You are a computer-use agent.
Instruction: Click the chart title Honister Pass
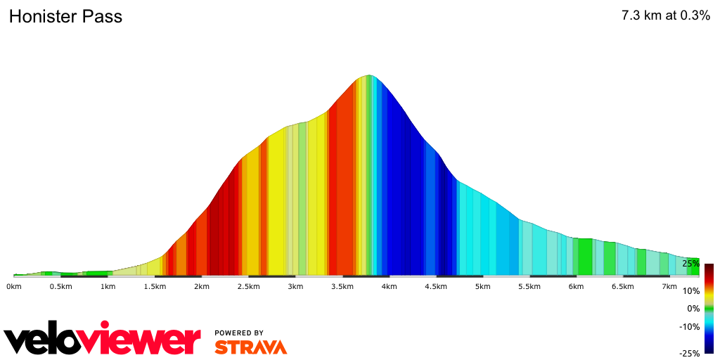tap(65, 17)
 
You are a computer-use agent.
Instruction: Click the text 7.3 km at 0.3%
tap(665, 16)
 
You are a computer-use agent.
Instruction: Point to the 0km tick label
tap(14, 287)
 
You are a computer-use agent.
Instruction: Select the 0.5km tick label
tap(60, 287)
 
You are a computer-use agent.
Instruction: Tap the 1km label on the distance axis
tap(108, 287)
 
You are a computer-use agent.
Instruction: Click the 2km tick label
tap(202, 287)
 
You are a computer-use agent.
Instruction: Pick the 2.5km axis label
tap(248, 287)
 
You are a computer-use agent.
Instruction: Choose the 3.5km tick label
tap(342, 287)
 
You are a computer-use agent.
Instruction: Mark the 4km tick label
tap(389, 287)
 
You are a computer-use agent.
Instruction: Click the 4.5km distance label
tap(436, 287)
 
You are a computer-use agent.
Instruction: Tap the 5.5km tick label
tap(529, 287)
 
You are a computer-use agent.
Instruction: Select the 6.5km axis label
tap(623, 287)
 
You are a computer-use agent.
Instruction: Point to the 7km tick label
tap(670, 287)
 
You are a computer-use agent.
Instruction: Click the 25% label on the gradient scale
tap(690, 264)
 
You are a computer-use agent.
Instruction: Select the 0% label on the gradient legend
tap(693, 309)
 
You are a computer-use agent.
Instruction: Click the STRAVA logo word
tap(250, 347)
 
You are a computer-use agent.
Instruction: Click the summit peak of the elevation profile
tap(368, 75)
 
